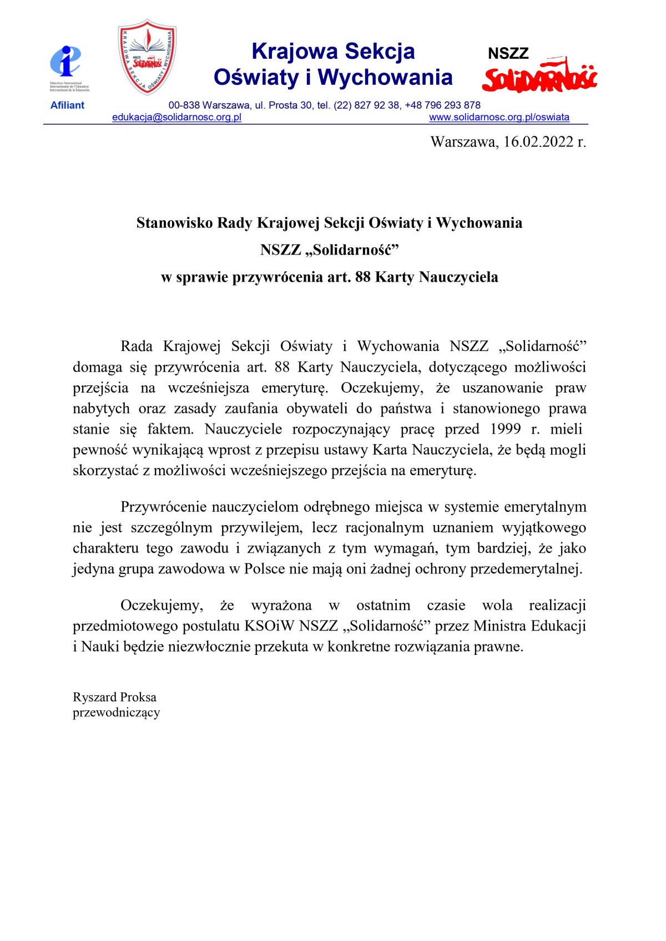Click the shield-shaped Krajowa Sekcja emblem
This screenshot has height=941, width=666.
147,57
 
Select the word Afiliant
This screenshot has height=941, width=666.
67,105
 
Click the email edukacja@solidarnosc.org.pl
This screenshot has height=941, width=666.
176,118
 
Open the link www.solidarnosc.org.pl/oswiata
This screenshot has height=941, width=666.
499,118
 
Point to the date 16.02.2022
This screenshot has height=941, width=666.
538,142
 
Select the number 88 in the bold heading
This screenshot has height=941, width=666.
362,277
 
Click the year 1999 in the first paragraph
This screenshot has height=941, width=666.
506,429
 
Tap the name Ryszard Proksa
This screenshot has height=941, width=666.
114,697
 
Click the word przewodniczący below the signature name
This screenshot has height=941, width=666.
116,713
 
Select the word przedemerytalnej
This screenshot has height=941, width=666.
526,569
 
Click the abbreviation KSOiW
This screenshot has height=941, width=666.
269,626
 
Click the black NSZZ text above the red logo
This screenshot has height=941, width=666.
508,54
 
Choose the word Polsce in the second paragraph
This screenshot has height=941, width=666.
264,569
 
